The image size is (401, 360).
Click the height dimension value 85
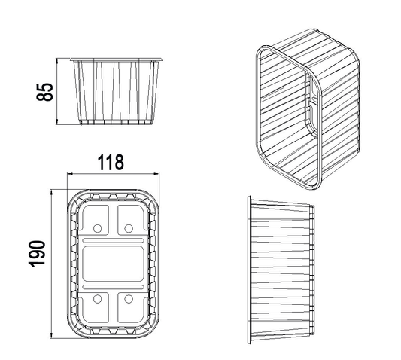pos(44,92)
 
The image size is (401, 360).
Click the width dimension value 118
pos(111,163)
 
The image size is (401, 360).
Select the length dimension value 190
pos(38,254)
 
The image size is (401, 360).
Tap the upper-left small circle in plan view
pos(98,228)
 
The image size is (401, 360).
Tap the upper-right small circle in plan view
pos(129,228)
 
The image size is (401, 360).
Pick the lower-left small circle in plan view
pos(98,298)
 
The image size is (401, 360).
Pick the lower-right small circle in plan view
pos(129,298)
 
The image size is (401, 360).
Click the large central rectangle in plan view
pos(113,264)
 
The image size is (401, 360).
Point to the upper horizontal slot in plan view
pos(113,241)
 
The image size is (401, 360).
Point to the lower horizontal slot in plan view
pos(113,287)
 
